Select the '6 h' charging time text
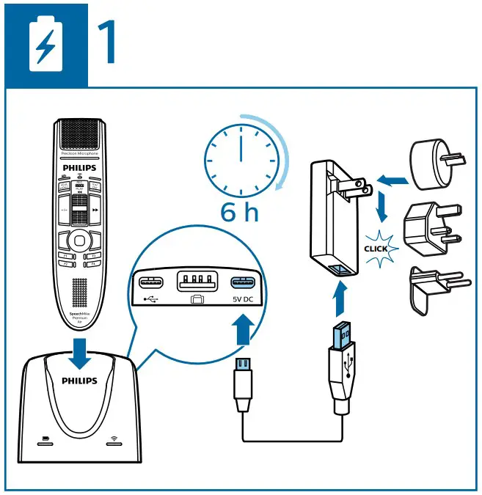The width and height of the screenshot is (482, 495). coord(240,213)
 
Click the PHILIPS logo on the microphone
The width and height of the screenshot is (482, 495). coord(78,168)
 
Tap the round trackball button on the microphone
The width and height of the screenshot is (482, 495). coord(78,240)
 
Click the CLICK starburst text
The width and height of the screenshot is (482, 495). coord(379,248)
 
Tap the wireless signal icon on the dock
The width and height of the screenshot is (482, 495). coord(114,441)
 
